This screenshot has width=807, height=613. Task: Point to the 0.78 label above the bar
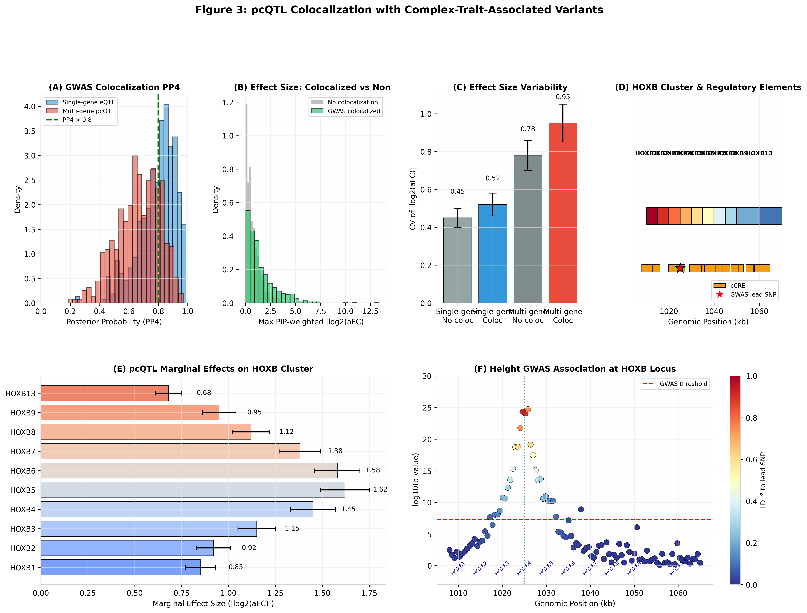(x=528, y=129)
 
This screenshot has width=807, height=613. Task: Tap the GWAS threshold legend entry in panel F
(x=683, y=384)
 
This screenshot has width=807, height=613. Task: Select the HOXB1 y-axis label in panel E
(x=23, y=568)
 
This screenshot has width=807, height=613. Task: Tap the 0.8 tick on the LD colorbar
(x=751, y=418)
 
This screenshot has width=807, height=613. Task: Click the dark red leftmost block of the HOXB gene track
(x=652, y=216)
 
